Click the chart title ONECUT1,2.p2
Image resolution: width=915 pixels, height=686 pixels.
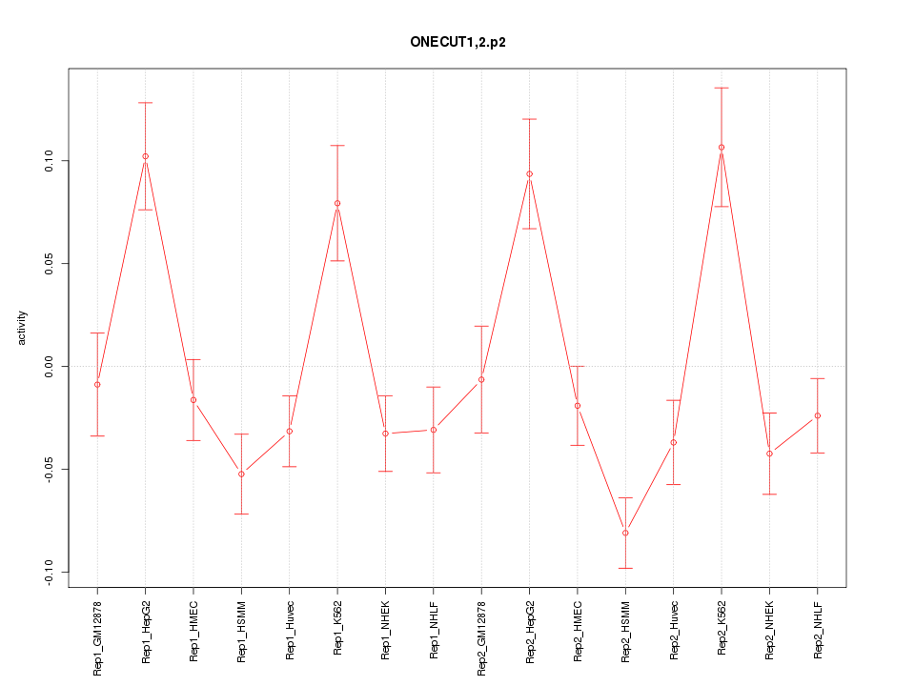tap(457, 43)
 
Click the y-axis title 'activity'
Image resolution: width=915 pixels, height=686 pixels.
tap(23, 328)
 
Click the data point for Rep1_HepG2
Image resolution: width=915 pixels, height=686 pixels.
tap(145, 156)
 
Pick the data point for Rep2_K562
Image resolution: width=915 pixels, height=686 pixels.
tap(722, 148)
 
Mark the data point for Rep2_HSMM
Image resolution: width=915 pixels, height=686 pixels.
tap(625, 533)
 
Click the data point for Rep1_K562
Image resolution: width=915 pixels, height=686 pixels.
tap(337, 203)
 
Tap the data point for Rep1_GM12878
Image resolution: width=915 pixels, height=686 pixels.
tap(97, 384)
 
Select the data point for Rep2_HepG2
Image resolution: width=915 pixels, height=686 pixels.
tap(529, 174)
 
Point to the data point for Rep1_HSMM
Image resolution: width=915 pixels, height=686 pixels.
tap(241, 474)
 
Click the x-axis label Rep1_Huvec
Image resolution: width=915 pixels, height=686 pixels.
tap(290, 631)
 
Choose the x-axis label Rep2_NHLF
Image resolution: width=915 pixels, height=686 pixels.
tap(818, 630)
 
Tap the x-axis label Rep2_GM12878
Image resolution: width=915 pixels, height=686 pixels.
tap(481, 637)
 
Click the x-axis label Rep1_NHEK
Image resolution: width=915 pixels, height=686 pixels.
tap(385, 630)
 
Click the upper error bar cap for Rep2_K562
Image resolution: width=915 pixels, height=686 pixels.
tap(722, 88)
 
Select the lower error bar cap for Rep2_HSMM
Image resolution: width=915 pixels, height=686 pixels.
tap(625, 568)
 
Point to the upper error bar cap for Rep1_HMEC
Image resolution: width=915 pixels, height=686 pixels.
tap(193, 359)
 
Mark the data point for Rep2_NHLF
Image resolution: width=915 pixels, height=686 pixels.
tap(818, 415)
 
